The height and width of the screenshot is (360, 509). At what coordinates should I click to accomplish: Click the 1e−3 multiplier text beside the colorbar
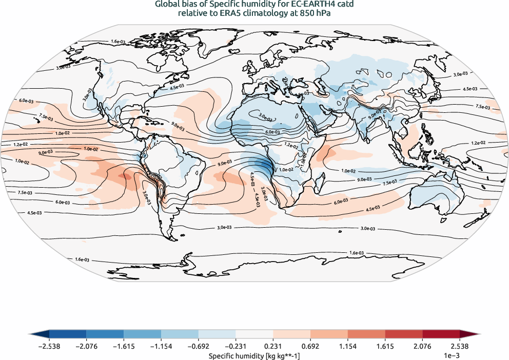click(451, 355)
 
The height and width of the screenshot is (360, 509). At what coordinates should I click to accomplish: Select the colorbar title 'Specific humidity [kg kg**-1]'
click(254, 355)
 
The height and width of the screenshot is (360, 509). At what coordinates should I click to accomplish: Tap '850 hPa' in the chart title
click(309, 13)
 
